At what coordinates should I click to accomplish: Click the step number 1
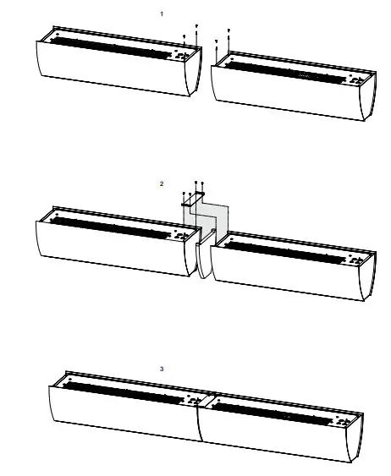(x=162, y=14)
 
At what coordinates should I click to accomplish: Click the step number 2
(x=162, y=183)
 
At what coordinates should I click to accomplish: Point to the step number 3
(x=162, y=369)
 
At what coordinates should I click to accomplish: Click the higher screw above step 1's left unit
(x=196, y=27)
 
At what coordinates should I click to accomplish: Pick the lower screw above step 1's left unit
(x=184, y=36)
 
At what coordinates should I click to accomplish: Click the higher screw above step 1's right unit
(x=229, y=31)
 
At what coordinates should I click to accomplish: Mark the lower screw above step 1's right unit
(x=218, y=41)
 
